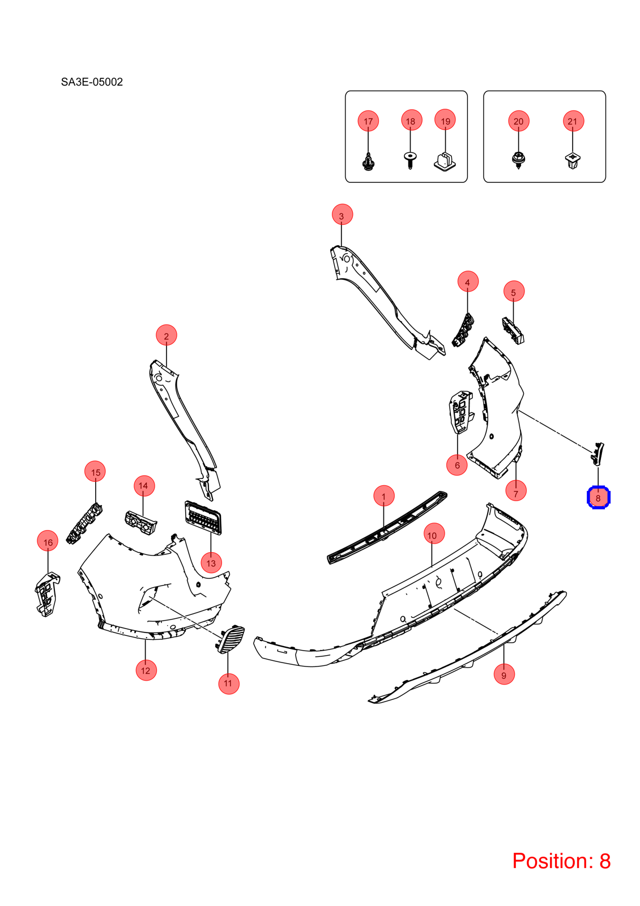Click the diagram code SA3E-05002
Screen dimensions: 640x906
[92, 82]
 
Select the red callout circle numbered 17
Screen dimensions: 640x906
[368, 121]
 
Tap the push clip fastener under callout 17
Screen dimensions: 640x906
[368, 162]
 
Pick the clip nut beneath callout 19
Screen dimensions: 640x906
[445, 161]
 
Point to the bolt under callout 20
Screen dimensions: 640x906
[518, 161]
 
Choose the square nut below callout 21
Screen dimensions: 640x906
[573, 161]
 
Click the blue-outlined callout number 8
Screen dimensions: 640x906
[598, 498]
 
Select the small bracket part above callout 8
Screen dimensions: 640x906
[597, 454]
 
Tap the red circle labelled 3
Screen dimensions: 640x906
[342, 215]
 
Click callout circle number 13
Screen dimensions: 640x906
[211, 562]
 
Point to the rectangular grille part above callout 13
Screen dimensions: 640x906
[203, 518]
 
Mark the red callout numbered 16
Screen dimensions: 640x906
[48, 541]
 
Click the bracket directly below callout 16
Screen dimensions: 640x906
[47, 594]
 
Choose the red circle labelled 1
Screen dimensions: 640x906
[384, 496]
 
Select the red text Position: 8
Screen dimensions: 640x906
[561, 861]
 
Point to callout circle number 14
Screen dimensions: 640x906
[144, 486]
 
